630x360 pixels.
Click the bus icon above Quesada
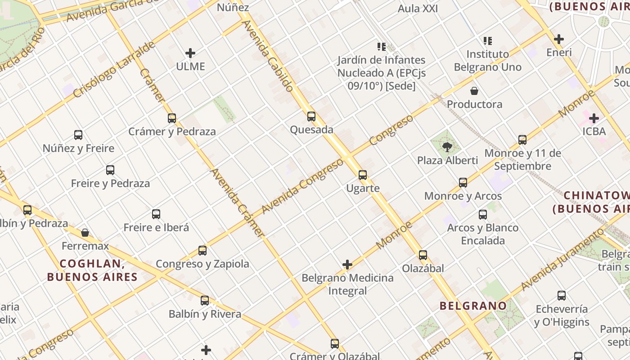point(311,117)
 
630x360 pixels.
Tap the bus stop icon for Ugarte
point(363,175)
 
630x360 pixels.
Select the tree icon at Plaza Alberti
point(447,147)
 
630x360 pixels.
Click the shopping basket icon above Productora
point(474,91)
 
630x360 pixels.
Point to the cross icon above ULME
point(190,53)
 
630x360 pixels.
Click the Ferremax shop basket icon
point(85,233)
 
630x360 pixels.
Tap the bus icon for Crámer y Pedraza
point(172,118)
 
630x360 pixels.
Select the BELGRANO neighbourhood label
point(473,306)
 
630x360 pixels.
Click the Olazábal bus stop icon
point(423,255)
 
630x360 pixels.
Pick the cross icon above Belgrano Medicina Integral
point(347,265)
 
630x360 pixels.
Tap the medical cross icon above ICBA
point(594,118)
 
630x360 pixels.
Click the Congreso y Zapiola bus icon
point(202,251)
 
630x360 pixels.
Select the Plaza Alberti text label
point(447,160)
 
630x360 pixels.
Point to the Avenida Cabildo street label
point(269,55)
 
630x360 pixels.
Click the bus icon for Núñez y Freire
point(78,135)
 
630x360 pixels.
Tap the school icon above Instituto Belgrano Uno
point(488,41)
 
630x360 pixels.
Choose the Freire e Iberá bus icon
point(156,214)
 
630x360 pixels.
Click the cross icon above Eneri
point(559,39)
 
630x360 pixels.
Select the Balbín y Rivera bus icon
point(205,301)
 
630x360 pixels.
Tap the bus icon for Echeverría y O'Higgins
point(562,296)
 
